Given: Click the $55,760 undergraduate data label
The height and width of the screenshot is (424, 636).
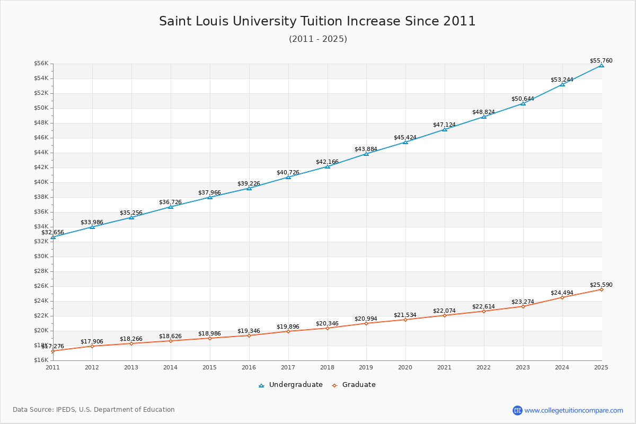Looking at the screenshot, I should coord(601,61).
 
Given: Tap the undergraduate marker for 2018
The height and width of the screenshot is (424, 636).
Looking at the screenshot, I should coord(328,166).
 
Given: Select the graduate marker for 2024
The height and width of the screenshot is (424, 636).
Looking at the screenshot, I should coord(562,297).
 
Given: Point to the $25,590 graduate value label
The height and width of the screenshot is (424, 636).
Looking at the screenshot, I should coord(601,285).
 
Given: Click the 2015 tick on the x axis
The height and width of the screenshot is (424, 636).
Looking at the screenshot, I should coord(210,367).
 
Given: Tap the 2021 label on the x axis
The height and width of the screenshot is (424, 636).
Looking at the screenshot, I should coord(445,367).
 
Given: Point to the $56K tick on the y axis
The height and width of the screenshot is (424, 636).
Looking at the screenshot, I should coord(41,64).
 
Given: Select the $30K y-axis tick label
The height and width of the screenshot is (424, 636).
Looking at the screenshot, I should coord(41,257).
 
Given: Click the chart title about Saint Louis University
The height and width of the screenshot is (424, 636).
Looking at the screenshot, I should coord(317,21).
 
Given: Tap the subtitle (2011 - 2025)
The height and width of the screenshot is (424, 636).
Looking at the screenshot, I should coord(317,39).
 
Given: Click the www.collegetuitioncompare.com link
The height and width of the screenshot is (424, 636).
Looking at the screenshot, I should coord(573,410).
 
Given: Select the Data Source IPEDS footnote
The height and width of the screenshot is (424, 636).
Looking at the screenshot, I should coord(94,410).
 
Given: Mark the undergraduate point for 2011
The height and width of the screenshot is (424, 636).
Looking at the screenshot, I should coord(53,237).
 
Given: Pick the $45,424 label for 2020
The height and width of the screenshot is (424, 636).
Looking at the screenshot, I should coord(405,138).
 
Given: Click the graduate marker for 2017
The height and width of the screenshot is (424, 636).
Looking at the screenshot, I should coord(288,331).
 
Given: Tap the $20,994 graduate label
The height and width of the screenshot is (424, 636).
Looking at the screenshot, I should coord(366,319).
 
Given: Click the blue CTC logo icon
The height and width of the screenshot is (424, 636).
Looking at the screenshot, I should coord(517,410).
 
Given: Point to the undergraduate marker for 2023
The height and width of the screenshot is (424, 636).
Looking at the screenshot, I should coord(523,103).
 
